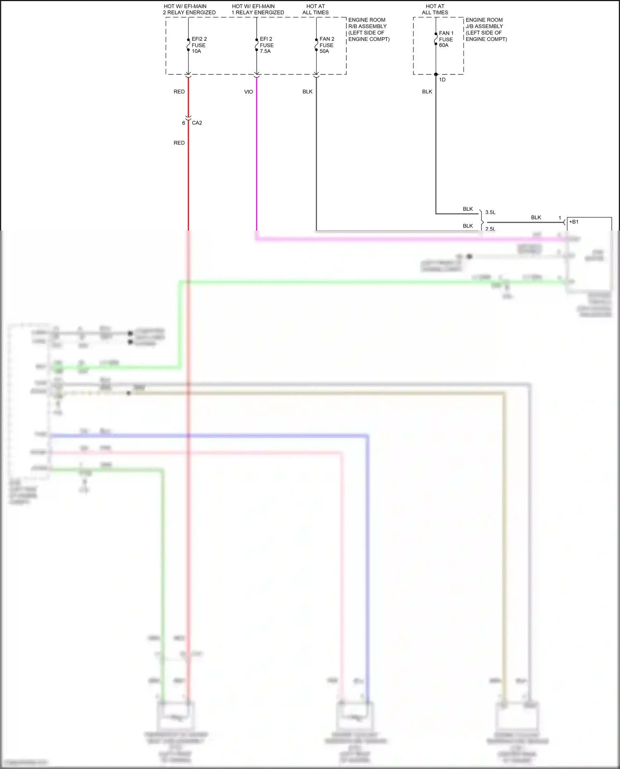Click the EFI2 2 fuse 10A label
(199, 45)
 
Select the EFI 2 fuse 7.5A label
(267, 45)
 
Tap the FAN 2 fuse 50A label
(327, 45)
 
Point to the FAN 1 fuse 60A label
(446, 39)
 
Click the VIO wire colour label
(248, 92)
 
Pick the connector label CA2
(197, 123)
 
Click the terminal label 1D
(442, 80)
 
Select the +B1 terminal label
(574, 222)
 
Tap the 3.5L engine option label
(490, 212)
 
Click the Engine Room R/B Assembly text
(369, 29)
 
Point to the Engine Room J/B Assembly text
(486, 29)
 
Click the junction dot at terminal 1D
(436, 74)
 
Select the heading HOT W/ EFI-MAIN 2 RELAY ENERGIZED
(189, 10)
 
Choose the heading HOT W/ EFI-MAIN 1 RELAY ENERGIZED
(258, 10)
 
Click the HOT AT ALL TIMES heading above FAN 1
(435, 10)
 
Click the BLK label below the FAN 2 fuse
(308, 92)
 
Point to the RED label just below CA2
(179, 143)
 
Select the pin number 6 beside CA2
(184, 123)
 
